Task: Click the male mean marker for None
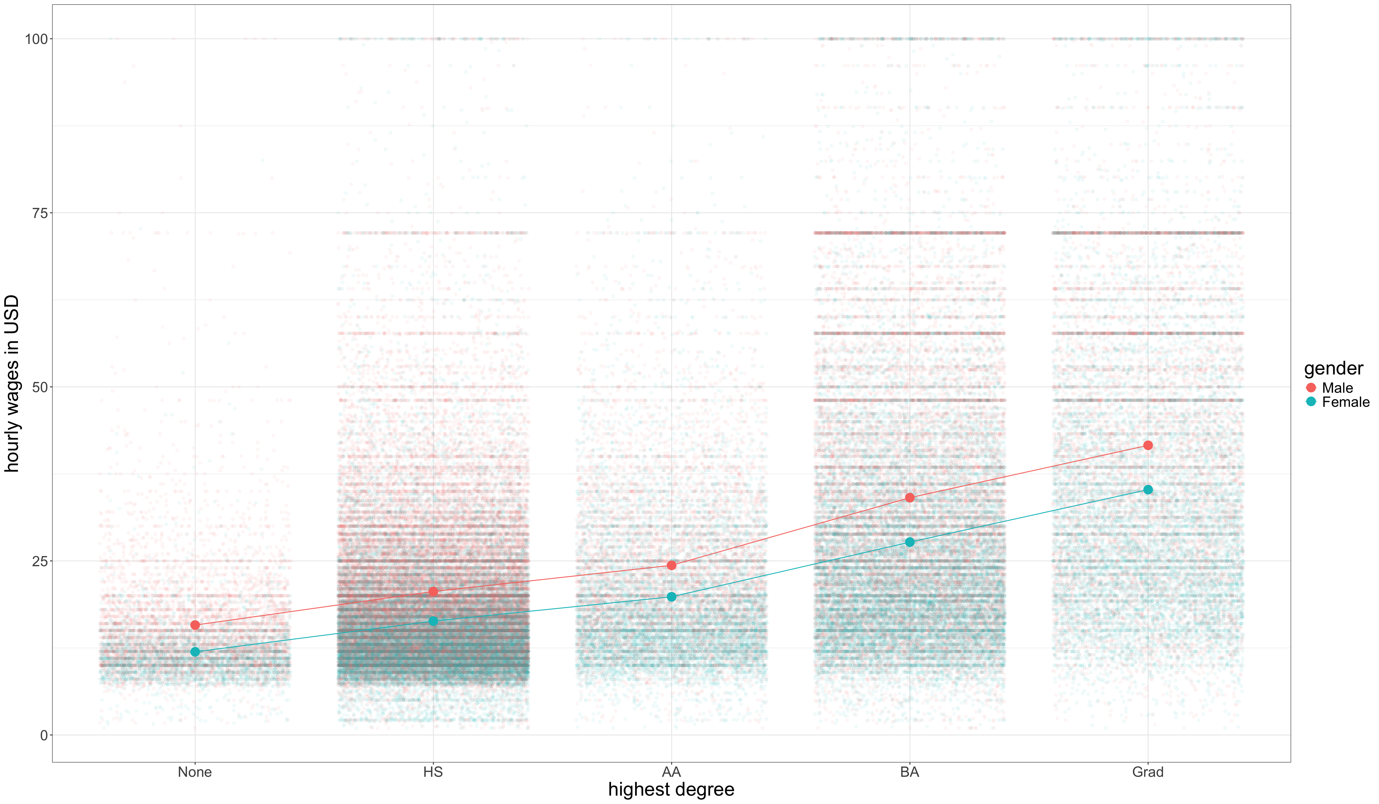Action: (x=195, y=625)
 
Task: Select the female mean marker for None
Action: (x=195, y=652)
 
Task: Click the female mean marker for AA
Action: (x=672, y=597)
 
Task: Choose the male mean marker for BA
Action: (x=909, y=498)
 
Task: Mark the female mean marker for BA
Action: (x=909, y=542)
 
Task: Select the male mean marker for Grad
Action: (x=1148, y=446)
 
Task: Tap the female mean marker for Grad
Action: (x=1148, y=490)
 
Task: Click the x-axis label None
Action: (x=195, y=772)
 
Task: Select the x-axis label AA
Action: (x=672, y=772)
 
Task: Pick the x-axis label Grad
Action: (x=1148, y=772)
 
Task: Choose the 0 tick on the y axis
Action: (x=44, y=736)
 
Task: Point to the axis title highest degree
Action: (x=672, y=790)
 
